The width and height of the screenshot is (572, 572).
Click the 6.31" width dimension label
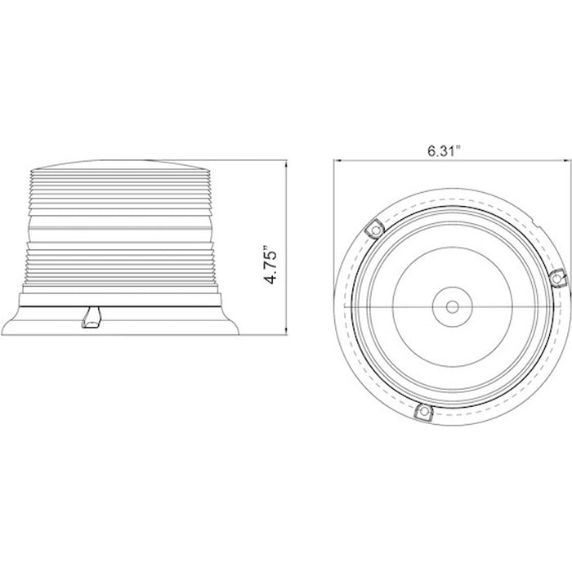click(445, 150)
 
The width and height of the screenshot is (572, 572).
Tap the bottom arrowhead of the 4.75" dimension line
click(286, 331)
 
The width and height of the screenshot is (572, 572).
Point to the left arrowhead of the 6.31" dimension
click(337, 160)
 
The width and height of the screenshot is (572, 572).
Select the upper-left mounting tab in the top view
click(374, 230)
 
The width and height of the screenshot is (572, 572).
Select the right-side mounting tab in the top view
click(557, 279)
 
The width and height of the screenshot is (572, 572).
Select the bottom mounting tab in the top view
click(424, 413)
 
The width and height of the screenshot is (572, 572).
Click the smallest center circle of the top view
click(453, 307)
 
